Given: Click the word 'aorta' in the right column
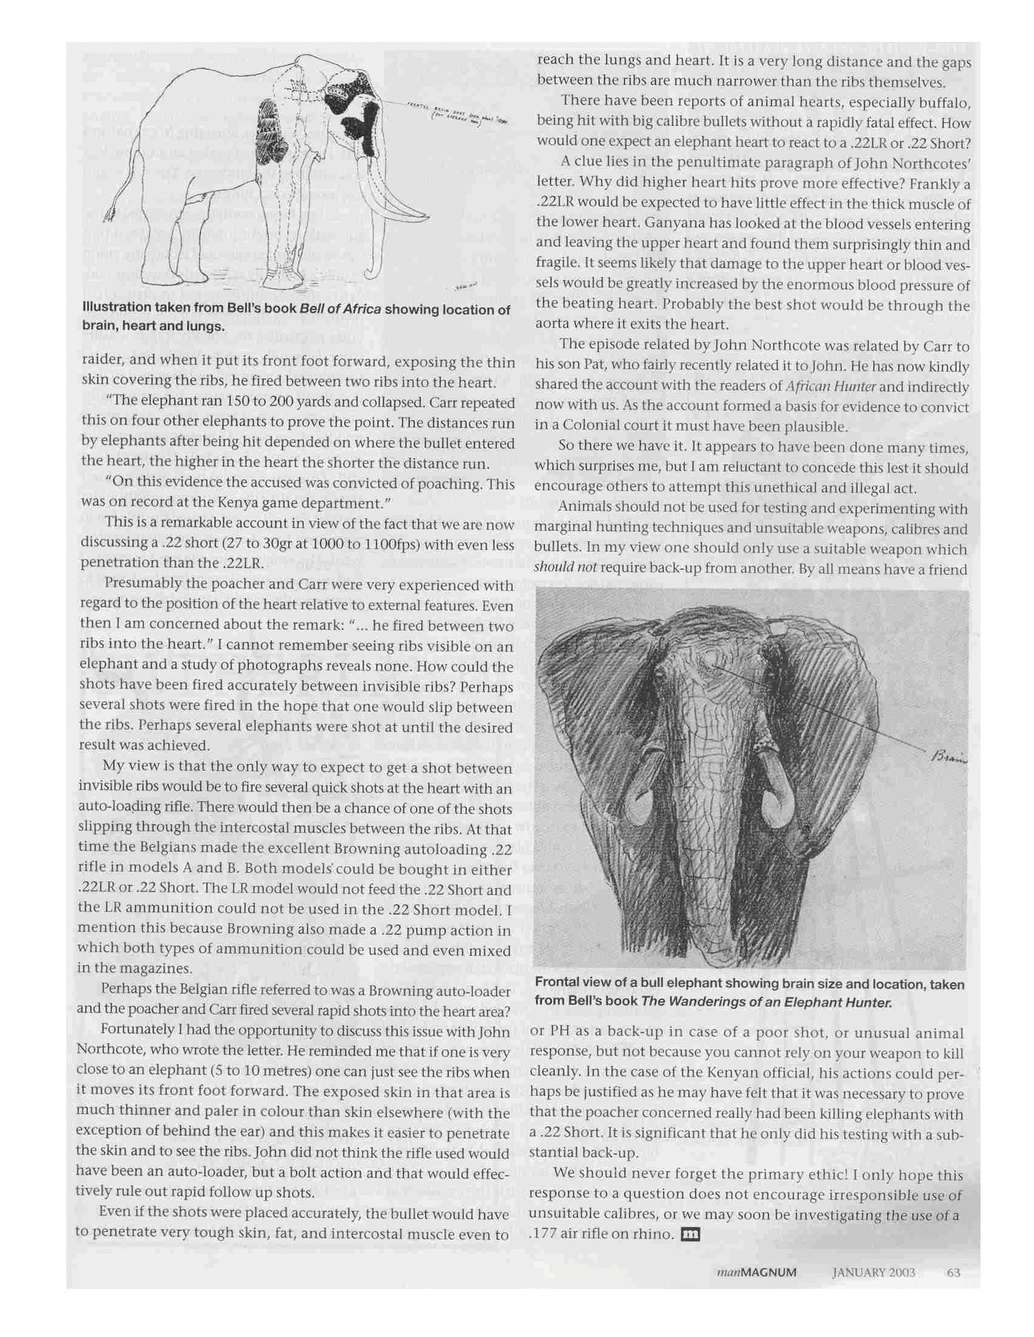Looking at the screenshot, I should [553, 325].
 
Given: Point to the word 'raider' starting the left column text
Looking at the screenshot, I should [97, 362].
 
